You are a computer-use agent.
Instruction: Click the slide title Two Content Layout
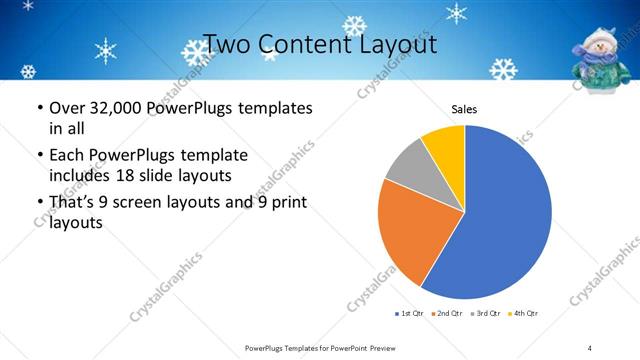pyautogui.click(x=319, y=45)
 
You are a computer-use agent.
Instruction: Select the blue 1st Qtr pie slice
pyautogui.click(x=505, y=215)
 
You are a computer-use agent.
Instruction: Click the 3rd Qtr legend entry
pyautogui.click(x=486, y=314)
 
